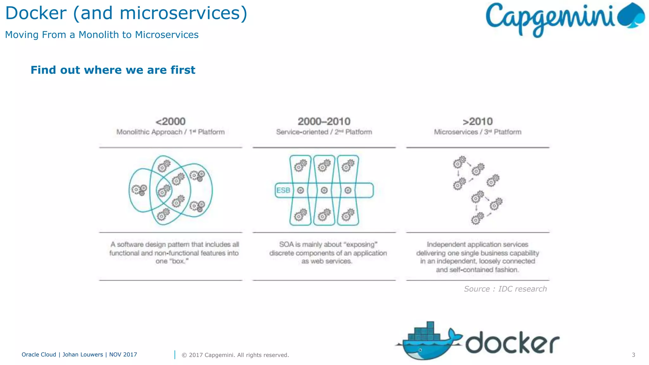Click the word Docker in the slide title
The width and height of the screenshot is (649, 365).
36,13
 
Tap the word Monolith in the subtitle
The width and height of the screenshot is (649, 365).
99,35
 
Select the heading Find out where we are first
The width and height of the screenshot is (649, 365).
113,70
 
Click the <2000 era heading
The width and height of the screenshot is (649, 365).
170,121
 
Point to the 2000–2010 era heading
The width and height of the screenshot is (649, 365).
324,121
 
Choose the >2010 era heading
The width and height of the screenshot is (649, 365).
478,121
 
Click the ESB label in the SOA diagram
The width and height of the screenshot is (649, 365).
283,190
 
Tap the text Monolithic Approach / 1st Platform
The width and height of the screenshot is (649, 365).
170,132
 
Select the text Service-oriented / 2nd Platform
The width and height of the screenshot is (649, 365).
324,132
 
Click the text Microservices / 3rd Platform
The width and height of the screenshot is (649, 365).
478,132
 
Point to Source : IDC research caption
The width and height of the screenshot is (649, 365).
505,289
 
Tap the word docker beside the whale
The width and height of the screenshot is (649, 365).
512,343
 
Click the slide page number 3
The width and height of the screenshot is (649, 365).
633,355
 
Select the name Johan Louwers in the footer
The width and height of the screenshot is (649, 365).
83,355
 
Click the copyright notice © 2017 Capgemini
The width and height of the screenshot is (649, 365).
235,355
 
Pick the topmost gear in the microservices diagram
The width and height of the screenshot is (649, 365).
459,162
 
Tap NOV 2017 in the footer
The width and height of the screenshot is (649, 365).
123,355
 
